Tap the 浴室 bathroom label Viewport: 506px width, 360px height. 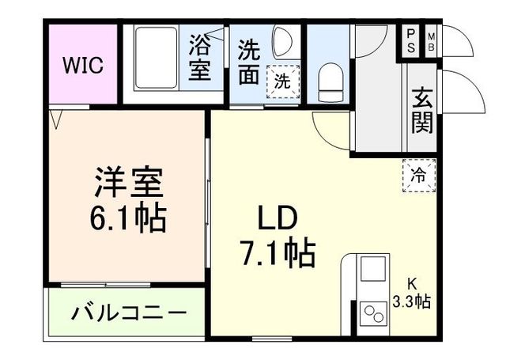coord(198,58)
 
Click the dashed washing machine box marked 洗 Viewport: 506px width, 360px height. coord(281,80)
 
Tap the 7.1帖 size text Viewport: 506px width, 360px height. coord(277,253)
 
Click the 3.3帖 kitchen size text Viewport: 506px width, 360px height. coord(411,301)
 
